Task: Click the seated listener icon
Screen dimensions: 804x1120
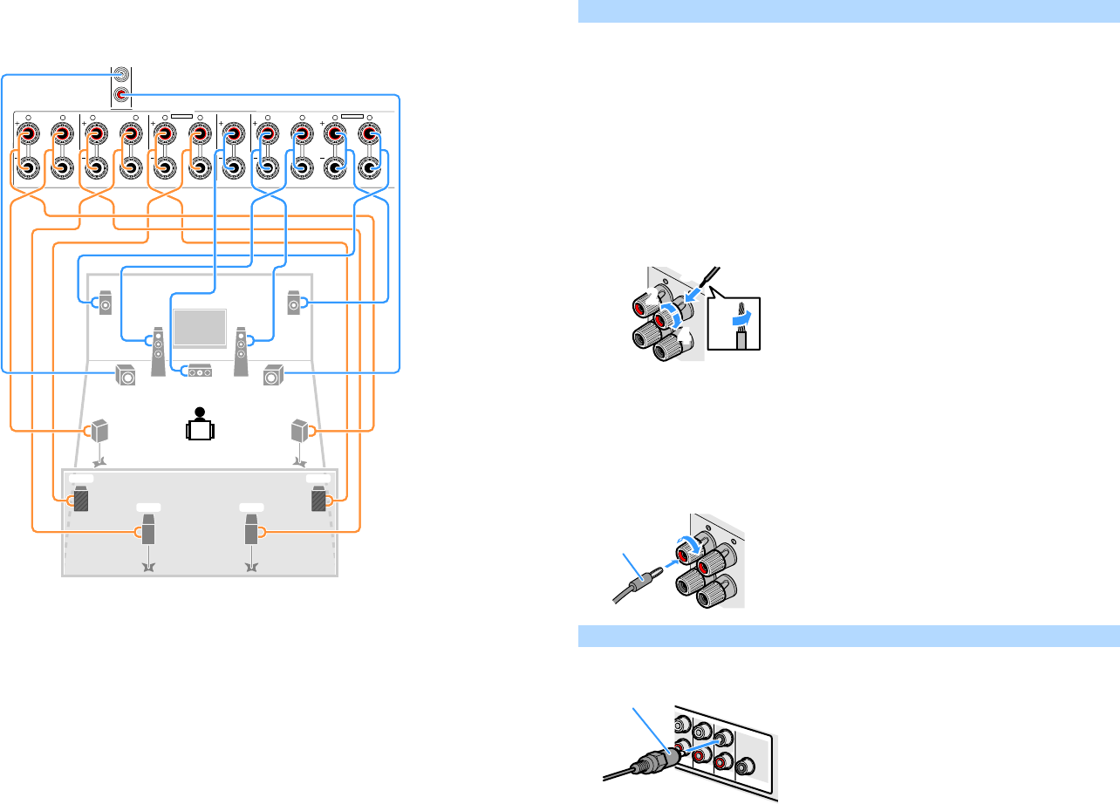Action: pos(201,425)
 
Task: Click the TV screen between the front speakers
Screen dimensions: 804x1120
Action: pos(201,327)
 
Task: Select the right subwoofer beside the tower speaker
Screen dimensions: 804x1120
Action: pos(273,376)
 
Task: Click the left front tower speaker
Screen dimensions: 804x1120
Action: pos(158,351)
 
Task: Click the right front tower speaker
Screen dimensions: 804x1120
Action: pos(242,351)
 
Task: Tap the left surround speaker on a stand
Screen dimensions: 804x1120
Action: pos(101,432)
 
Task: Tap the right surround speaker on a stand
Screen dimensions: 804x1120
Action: pos(300,432)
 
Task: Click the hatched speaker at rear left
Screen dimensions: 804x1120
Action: pos(80,501)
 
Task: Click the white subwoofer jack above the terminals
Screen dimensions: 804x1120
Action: pos(123,76)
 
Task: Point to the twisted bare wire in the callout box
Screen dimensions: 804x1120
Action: pos(741,325)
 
